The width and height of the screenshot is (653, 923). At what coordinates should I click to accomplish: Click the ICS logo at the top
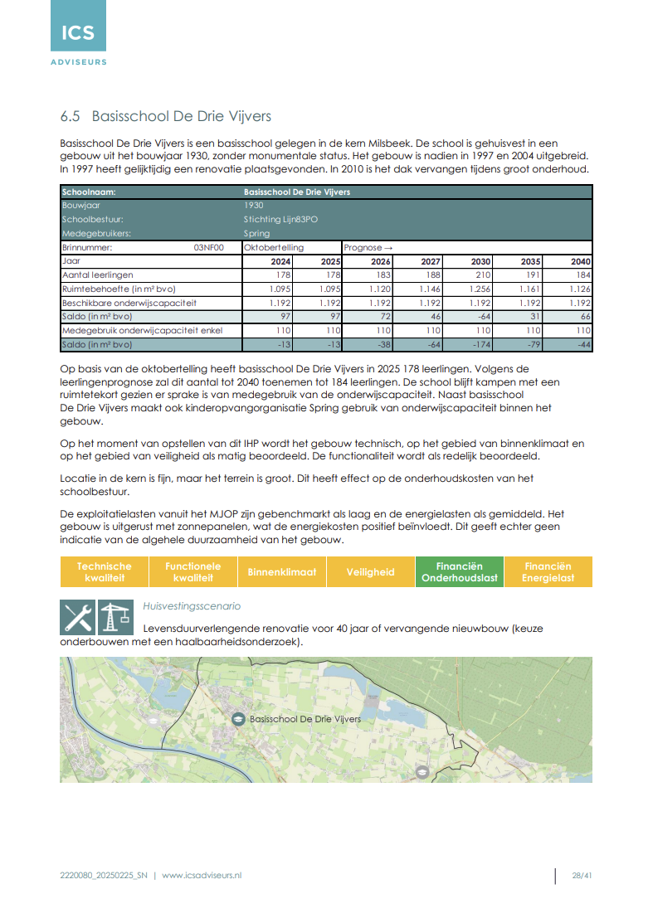[x=78, y=33]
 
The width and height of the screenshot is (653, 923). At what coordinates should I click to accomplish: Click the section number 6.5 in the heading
[x=71, y=116]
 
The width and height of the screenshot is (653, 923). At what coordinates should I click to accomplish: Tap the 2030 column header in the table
[x=480, y=260]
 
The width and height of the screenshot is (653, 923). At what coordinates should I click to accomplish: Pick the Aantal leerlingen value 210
[x=481, y=274]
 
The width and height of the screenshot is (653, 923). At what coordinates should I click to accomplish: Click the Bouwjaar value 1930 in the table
[x=254, y=205]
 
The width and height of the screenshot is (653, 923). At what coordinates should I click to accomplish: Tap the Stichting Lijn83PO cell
[x=280, y=219]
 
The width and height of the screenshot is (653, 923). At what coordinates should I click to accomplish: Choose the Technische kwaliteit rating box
[x=105, y=572]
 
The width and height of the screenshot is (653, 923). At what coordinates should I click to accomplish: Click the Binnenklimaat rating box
[x=282, y=572]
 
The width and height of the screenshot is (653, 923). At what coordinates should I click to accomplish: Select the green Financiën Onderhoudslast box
[x=459, y=572]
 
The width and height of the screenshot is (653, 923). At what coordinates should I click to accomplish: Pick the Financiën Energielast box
[x=548, y=572]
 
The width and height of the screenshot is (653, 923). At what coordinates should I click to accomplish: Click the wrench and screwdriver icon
[x=77, y=618]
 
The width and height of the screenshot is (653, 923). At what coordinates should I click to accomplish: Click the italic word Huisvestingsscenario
[x=192, y=606]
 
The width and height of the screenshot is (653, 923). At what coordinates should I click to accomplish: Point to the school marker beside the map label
[x=238, y=719]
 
